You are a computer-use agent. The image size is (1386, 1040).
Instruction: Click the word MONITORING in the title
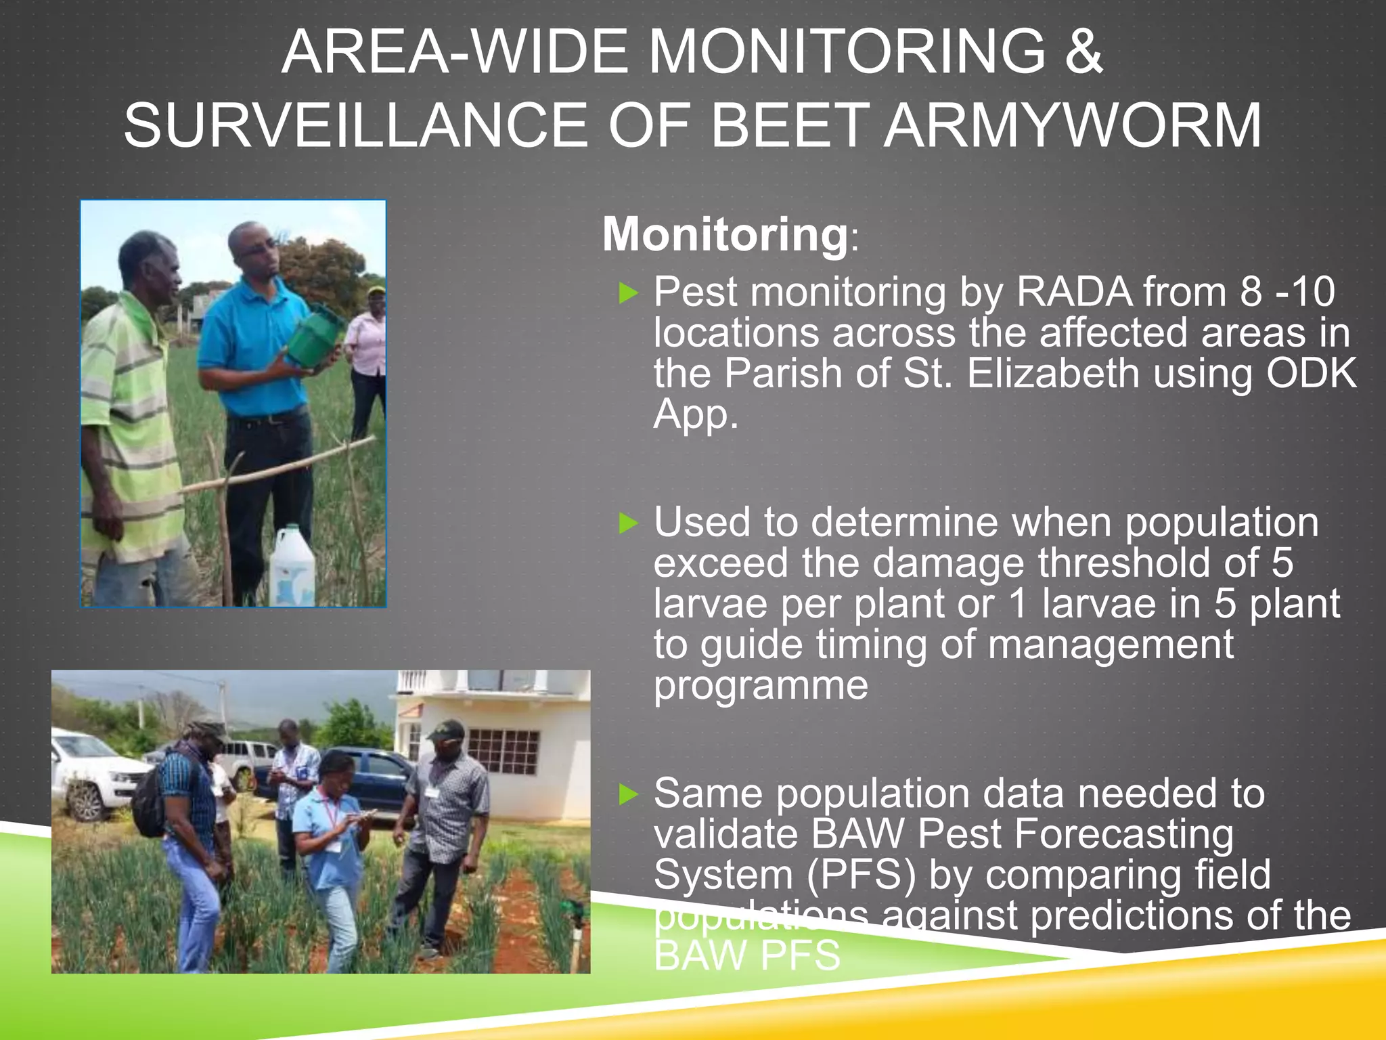848,53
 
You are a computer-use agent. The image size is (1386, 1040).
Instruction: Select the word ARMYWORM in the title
1073,126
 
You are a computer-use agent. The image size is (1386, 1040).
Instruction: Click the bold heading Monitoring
725,234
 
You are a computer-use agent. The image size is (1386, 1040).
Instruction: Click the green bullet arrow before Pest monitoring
629,293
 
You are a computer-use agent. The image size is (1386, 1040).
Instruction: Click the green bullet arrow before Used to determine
629,523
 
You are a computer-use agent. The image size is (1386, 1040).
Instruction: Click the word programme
761,686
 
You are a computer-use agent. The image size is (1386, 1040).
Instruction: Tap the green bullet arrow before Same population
629,794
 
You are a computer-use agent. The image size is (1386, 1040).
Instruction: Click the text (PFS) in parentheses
861,875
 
